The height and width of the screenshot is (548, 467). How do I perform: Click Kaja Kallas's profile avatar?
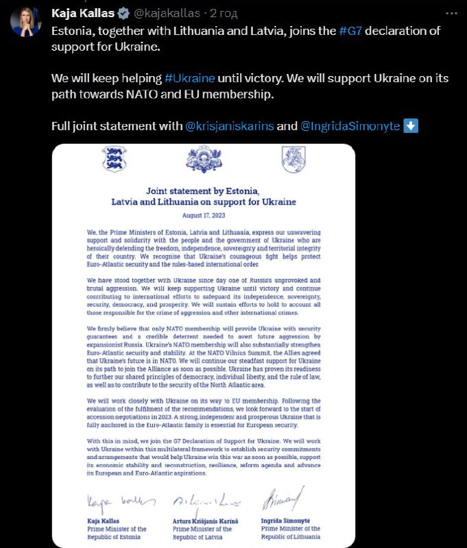[x=25, y=22]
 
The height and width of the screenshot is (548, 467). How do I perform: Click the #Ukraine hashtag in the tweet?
[x=189, y=78]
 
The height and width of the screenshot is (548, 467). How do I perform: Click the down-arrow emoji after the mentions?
[x=411, y=126]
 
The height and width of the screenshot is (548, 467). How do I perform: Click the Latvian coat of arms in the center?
[x=204, y=160]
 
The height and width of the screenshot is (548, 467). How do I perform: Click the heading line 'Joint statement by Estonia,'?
[x=204, y=190]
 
